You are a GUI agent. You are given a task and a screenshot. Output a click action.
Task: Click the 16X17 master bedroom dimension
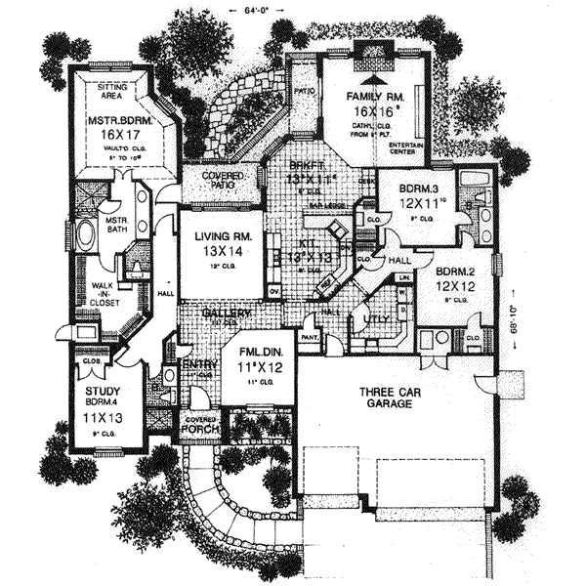[117, 138]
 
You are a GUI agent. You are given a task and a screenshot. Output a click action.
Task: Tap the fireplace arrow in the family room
[372, 73]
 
